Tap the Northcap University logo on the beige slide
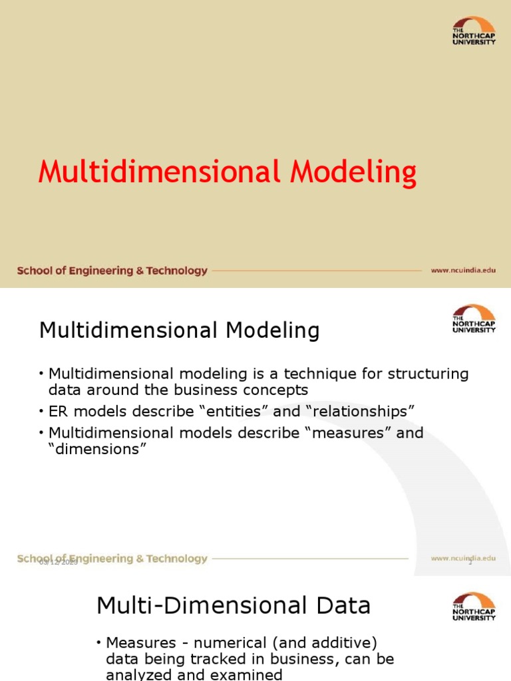474,31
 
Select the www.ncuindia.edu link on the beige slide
463,271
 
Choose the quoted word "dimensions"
97,449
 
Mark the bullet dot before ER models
42,412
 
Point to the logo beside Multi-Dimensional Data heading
474,606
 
